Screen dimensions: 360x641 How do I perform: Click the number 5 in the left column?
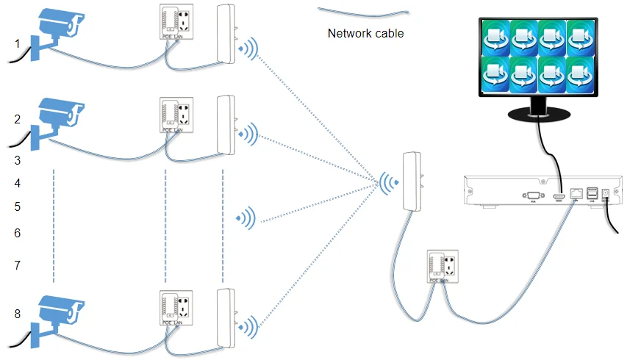click(x=18, y=207)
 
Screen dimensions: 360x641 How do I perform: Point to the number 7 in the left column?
click(x=18, y=264)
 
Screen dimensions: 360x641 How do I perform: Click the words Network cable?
click(x=365, y=33)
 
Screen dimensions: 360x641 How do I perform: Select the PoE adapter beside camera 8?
click(x=176, y=309)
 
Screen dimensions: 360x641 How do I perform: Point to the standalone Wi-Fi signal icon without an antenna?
click(x=246, y=217)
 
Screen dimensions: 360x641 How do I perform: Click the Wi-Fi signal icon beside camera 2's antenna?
click(x=250, y=133)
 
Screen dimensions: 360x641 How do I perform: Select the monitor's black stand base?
click(x=538, y=115)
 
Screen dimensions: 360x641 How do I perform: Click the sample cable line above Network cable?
click(x=363, y=11)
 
